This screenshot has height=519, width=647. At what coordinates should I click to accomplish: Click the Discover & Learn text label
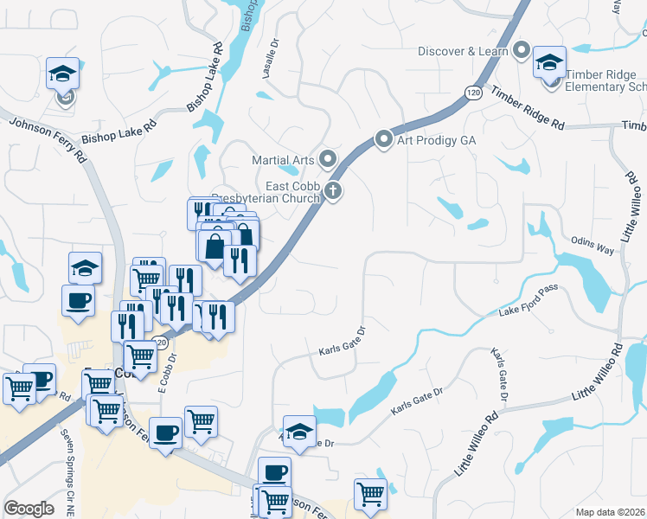pyautogui.click(x=463, y=51)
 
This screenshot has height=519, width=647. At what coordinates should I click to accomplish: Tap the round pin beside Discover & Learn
pyautogui.click(x=521, y=50)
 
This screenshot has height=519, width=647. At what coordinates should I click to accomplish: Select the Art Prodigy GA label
pyautogui.click(x=438, y=140)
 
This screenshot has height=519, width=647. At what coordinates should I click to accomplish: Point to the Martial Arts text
pyautogui.click(x=281, y=160)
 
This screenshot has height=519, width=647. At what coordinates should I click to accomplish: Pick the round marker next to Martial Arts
pyautogui.click(x=327, y=159)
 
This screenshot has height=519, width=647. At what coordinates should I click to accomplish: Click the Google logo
pyautogui.click(x=29, y=509)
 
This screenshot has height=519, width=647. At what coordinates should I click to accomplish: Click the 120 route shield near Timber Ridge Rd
pyautogui.click(x=471, y=93)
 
